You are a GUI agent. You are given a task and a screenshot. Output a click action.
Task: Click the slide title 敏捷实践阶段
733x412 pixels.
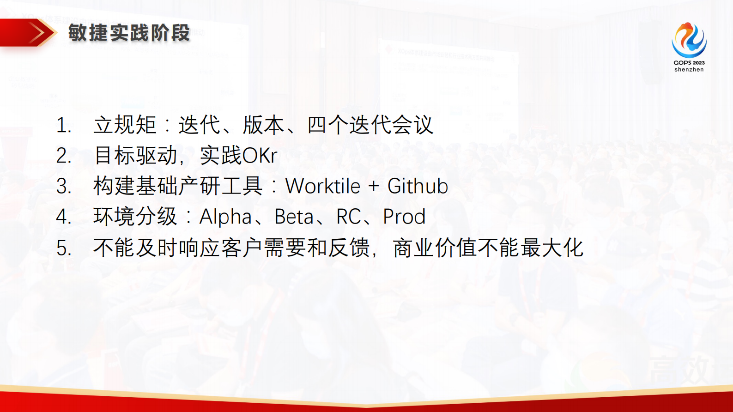point(129,33)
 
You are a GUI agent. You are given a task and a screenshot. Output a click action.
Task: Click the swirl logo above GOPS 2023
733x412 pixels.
point(689,40)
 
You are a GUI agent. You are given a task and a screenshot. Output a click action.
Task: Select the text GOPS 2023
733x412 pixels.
point(689,62)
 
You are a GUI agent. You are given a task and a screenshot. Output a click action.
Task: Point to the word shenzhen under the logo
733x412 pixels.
point(689,69)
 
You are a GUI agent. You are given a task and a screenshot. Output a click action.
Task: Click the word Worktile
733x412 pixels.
point(323,186)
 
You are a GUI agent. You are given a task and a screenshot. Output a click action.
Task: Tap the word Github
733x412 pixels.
point(418,186)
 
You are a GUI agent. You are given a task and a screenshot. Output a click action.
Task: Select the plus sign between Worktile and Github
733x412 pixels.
point(374,187)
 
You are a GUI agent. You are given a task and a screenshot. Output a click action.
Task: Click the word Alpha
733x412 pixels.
point(225,217)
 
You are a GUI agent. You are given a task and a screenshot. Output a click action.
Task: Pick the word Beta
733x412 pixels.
point(294,217)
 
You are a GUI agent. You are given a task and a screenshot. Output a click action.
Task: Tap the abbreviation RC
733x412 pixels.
point(349,217)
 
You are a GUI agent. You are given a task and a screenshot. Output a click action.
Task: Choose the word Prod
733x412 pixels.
point(404,217)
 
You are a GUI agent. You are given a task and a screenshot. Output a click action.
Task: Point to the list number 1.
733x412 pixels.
point(63,125)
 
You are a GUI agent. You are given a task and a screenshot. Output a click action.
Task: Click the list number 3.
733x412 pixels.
point(63,187)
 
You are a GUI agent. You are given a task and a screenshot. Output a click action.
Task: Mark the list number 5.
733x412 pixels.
point(63,248)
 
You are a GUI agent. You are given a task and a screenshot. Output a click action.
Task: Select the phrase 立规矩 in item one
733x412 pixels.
point(125,125)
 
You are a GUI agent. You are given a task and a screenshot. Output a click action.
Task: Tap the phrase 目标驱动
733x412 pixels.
point(135,156)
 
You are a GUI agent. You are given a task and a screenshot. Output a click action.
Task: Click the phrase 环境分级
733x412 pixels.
point(135,217)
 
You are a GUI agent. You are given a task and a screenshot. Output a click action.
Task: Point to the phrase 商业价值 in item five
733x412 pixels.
point(434,248)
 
